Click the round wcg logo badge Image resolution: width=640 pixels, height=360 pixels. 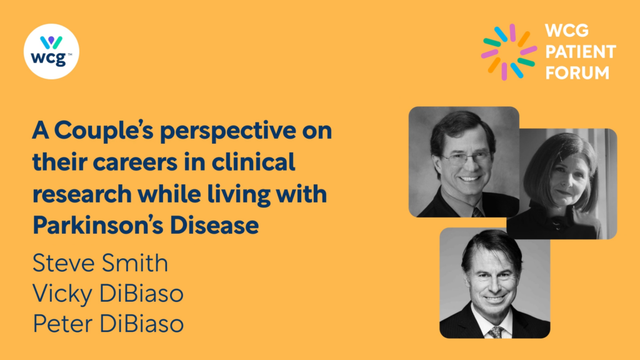coord(51,51)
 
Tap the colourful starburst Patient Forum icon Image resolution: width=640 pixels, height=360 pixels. coord(509,52)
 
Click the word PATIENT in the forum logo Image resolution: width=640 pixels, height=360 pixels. coord(581,52)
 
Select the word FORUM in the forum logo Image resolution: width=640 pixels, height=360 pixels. coord(577,73)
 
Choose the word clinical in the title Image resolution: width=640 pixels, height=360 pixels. coord(253,162)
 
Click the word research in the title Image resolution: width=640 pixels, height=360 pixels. coord(82,194)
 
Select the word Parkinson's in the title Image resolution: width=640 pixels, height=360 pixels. coord(98,224)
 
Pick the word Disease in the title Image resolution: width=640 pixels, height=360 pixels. coord(214,224)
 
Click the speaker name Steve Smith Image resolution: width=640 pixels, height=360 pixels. coord(100,262)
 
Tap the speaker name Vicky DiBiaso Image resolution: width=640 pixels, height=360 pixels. coord(108,294)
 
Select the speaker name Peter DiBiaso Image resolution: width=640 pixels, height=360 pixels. coord(108,324)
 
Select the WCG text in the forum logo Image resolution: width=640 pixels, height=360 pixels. coord(567,31)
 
